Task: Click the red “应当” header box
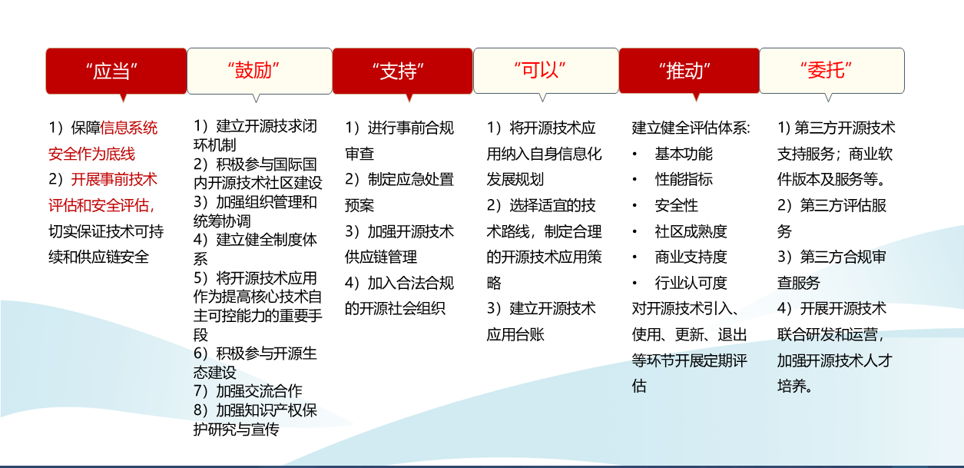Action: [116, 71]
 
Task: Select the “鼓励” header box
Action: [260, 71]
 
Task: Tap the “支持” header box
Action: [402, 71]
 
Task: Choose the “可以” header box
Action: [545, 71]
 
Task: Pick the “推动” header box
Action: [689, 71]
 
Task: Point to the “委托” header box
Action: [832, 71]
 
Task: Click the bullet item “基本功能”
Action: [684, 154]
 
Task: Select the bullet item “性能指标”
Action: [684, 179]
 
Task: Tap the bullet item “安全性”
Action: [676, 205]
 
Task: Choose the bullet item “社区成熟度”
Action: [691, 231]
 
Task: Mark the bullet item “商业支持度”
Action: [691, 257]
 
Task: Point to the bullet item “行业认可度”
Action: [691, 283]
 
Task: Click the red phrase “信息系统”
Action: [129, 128]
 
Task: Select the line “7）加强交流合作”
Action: [248, 391]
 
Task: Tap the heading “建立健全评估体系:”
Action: [691, 128]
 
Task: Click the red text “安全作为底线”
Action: [91, 154]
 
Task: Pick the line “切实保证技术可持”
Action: [106, 231]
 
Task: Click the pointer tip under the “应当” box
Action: [123, 102]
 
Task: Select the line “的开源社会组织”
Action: [395, 308]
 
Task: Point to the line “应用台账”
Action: [515, 334]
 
